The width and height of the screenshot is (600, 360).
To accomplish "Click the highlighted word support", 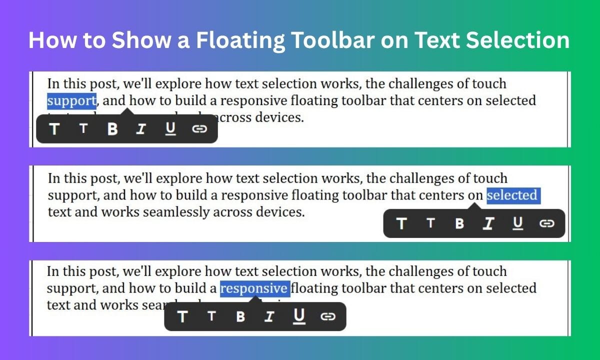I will [71, 101].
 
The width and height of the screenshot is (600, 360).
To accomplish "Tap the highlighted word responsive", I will [254, 288].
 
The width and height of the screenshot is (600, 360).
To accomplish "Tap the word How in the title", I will [51, 40].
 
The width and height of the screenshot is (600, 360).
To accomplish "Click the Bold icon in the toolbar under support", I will [112, 129].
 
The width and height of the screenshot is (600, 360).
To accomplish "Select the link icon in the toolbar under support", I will [199, 129].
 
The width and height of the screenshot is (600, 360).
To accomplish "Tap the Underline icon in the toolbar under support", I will [171, 129].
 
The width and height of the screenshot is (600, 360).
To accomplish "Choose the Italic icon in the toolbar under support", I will [141, 129].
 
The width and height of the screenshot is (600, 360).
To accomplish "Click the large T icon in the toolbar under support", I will [54, 129].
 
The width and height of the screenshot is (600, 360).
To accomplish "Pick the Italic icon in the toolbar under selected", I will [488, 223].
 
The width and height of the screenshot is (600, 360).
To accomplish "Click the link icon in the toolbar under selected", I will [547, 223].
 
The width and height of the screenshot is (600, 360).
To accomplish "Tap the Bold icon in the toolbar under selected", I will [459, 223].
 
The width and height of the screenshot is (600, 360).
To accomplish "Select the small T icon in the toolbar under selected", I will [430, 223].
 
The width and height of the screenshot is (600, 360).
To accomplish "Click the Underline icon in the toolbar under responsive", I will [299, 316].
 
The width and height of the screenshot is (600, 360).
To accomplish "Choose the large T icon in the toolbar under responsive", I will [182, 316].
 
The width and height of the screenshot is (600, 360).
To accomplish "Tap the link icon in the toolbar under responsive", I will [327, 316].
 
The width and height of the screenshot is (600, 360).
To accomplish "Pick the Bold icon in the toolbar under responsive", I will [240, 316].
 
